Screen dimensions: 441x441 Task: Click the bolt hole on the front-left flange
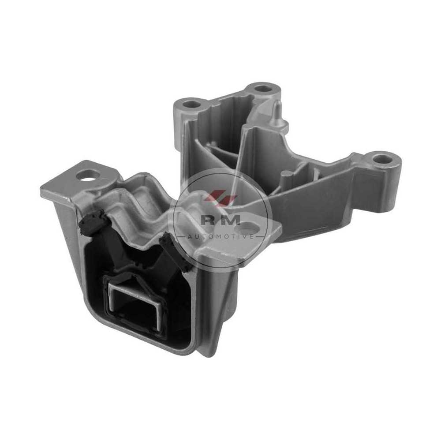[x=89, y=176]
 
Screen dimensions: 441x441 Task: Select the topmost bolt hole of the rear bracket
[x=263, y=90]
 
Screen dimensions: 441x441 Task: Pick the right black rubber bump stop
[x=174, y=252]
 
